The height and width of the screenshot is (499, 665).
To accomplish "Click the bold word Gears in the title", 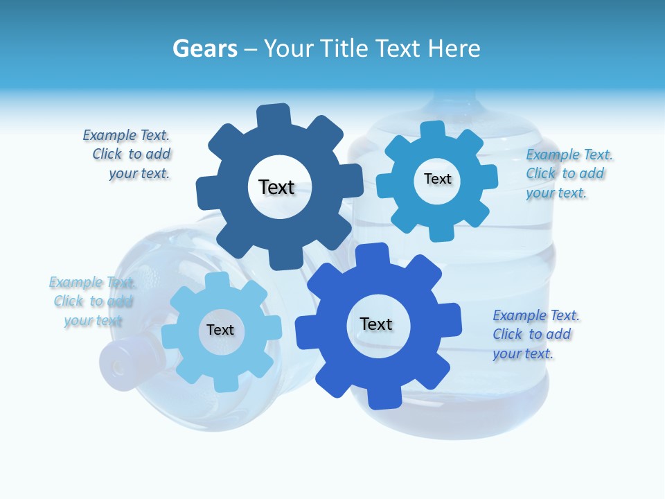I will point(205,49).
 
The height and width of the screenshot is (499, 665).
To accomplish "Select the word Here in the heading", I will point(454,49).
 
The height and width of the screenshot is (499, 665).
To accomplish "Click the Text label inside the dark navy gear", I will point(276,187).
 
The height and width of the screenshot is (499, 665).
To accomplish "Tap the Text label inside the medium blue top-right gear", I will point(437,179).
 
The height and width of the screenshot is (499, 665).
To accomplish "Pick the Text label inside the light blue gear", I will point(220,330).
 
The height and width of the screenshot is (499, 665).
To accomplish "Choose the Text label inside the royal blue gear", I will point(376,324).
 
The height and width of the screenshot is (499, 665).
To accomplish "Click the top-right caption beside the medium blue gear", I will point(568,174).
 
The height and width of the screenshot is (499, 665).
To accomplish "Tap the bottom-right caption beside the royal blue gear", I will point(535,335).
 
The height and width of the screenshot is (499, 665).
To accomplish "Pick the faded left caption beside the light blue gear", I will point(91,301).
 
